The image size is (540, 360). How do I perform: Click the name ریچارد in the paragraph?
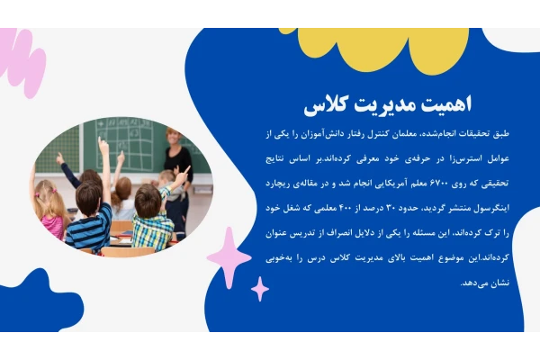coord(277,184)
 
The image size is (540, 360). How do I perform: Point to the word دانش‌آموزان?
coord(316,134)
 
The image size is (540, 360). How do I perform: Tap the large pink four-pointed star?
coord(229,257)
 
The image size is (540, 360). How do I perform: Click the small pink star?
coord(260,289)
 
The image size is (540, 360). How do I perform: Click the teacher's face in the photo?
coord(172,137)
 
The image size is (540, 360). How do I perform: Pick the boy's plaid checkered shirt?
coord(153,229)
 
